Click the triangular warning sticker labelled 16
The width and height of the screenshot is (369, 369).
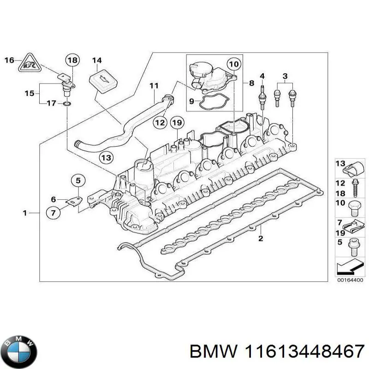[x=29, y=65]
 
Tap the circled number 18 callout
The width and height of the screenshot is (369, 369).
[x=72, y=60]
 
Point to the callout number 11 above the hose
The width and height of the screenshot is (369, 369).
[x=154, y=85]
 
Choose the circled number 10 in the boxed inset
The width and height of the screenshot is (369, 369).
[x=234, y=64]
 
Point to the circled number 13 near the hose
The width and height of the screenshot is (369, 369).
[x=107, y=158]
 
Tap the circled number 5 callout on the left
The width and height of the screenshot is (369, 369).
[x=78, y=180]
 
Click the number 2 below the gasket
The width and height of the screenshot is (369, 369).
[x=261, y=238]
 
